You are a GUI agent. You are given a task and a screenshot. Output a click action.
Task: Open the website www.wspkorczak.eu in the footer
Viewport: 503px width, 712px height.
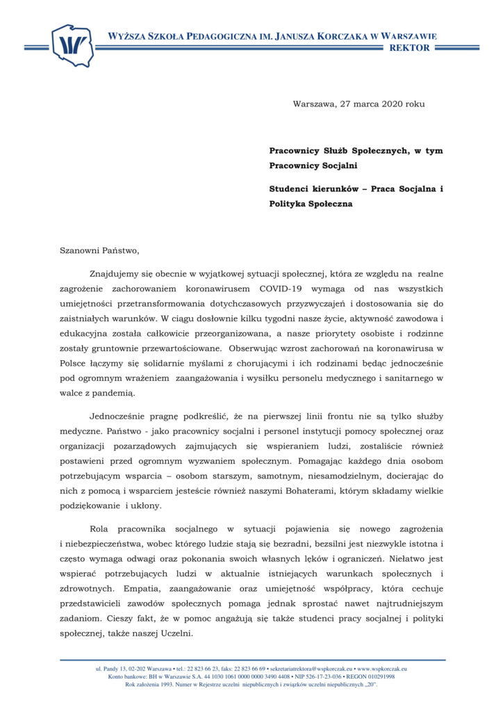[382, 668]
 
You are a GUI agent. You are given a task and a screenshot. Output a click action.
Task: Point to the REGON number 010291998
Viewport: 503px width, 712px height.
[379, 676]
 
